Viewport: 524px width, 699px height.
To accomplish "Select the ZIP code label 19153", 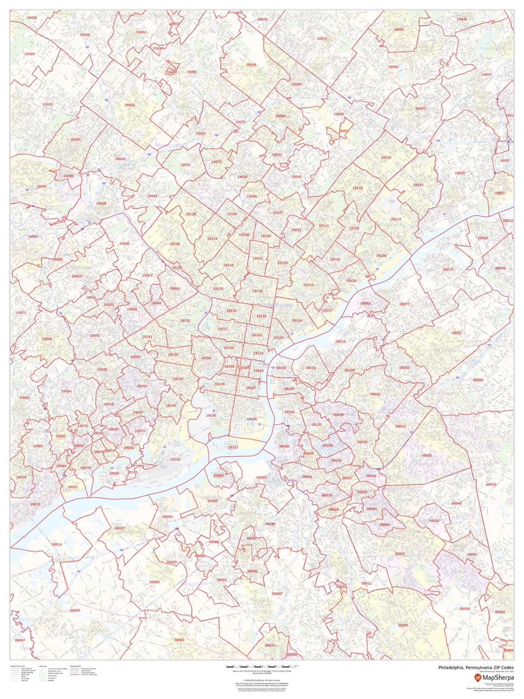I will (175, 459).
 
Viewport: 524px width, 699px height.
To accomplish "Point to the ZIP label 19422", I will (129, 105).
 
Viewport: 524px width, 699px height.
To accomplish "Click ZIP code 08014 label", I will (56, 544).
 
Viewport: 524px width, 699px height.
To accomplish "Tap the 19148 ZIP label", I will (252, 419).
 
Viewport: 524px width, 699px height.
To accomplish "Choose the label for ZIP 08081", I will (403, 625).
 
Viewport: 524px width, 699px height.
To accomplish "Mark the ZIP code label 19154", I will (418, 185).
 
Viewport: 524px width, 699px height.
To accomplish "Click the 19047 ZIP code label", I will (487, 75).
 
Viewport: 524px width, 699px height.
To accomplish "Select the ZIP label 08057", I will (457, 333).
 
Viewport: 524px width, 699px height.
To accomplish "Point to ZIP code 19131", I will (185, 321).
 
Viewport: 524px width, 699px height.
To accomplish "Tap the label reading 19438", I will (32, 17).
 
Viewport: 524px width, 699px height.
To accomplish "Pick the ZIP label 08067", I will (20, 640).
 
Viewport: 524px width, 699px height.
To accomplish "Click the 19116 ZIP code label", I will (386, 158).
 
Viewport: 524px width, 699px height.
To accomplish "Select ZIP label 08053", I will (491, 485).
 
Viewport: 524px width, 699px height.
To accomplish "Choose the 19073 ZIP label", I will (21, 313).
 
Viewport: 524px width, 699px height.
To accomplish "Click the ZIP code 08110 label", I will (341, 341).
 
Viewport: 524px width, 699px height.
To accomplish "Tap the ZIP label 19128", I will (175, 244).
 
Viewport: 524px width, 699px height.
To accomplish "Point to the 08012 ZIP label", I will (367, 583).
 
